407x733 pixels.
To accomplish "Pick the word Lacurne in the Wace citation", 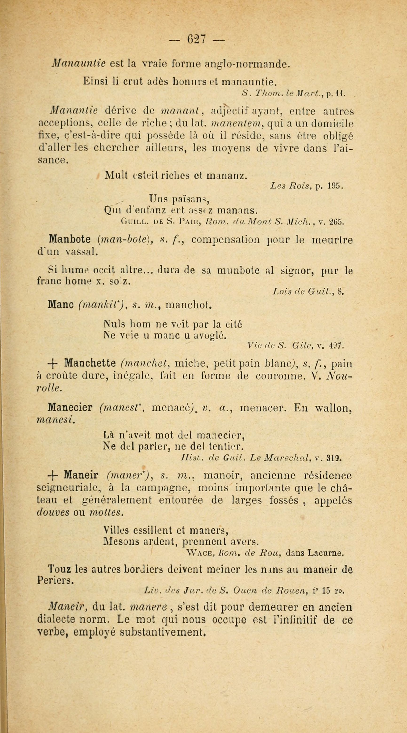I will [328, 554].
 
